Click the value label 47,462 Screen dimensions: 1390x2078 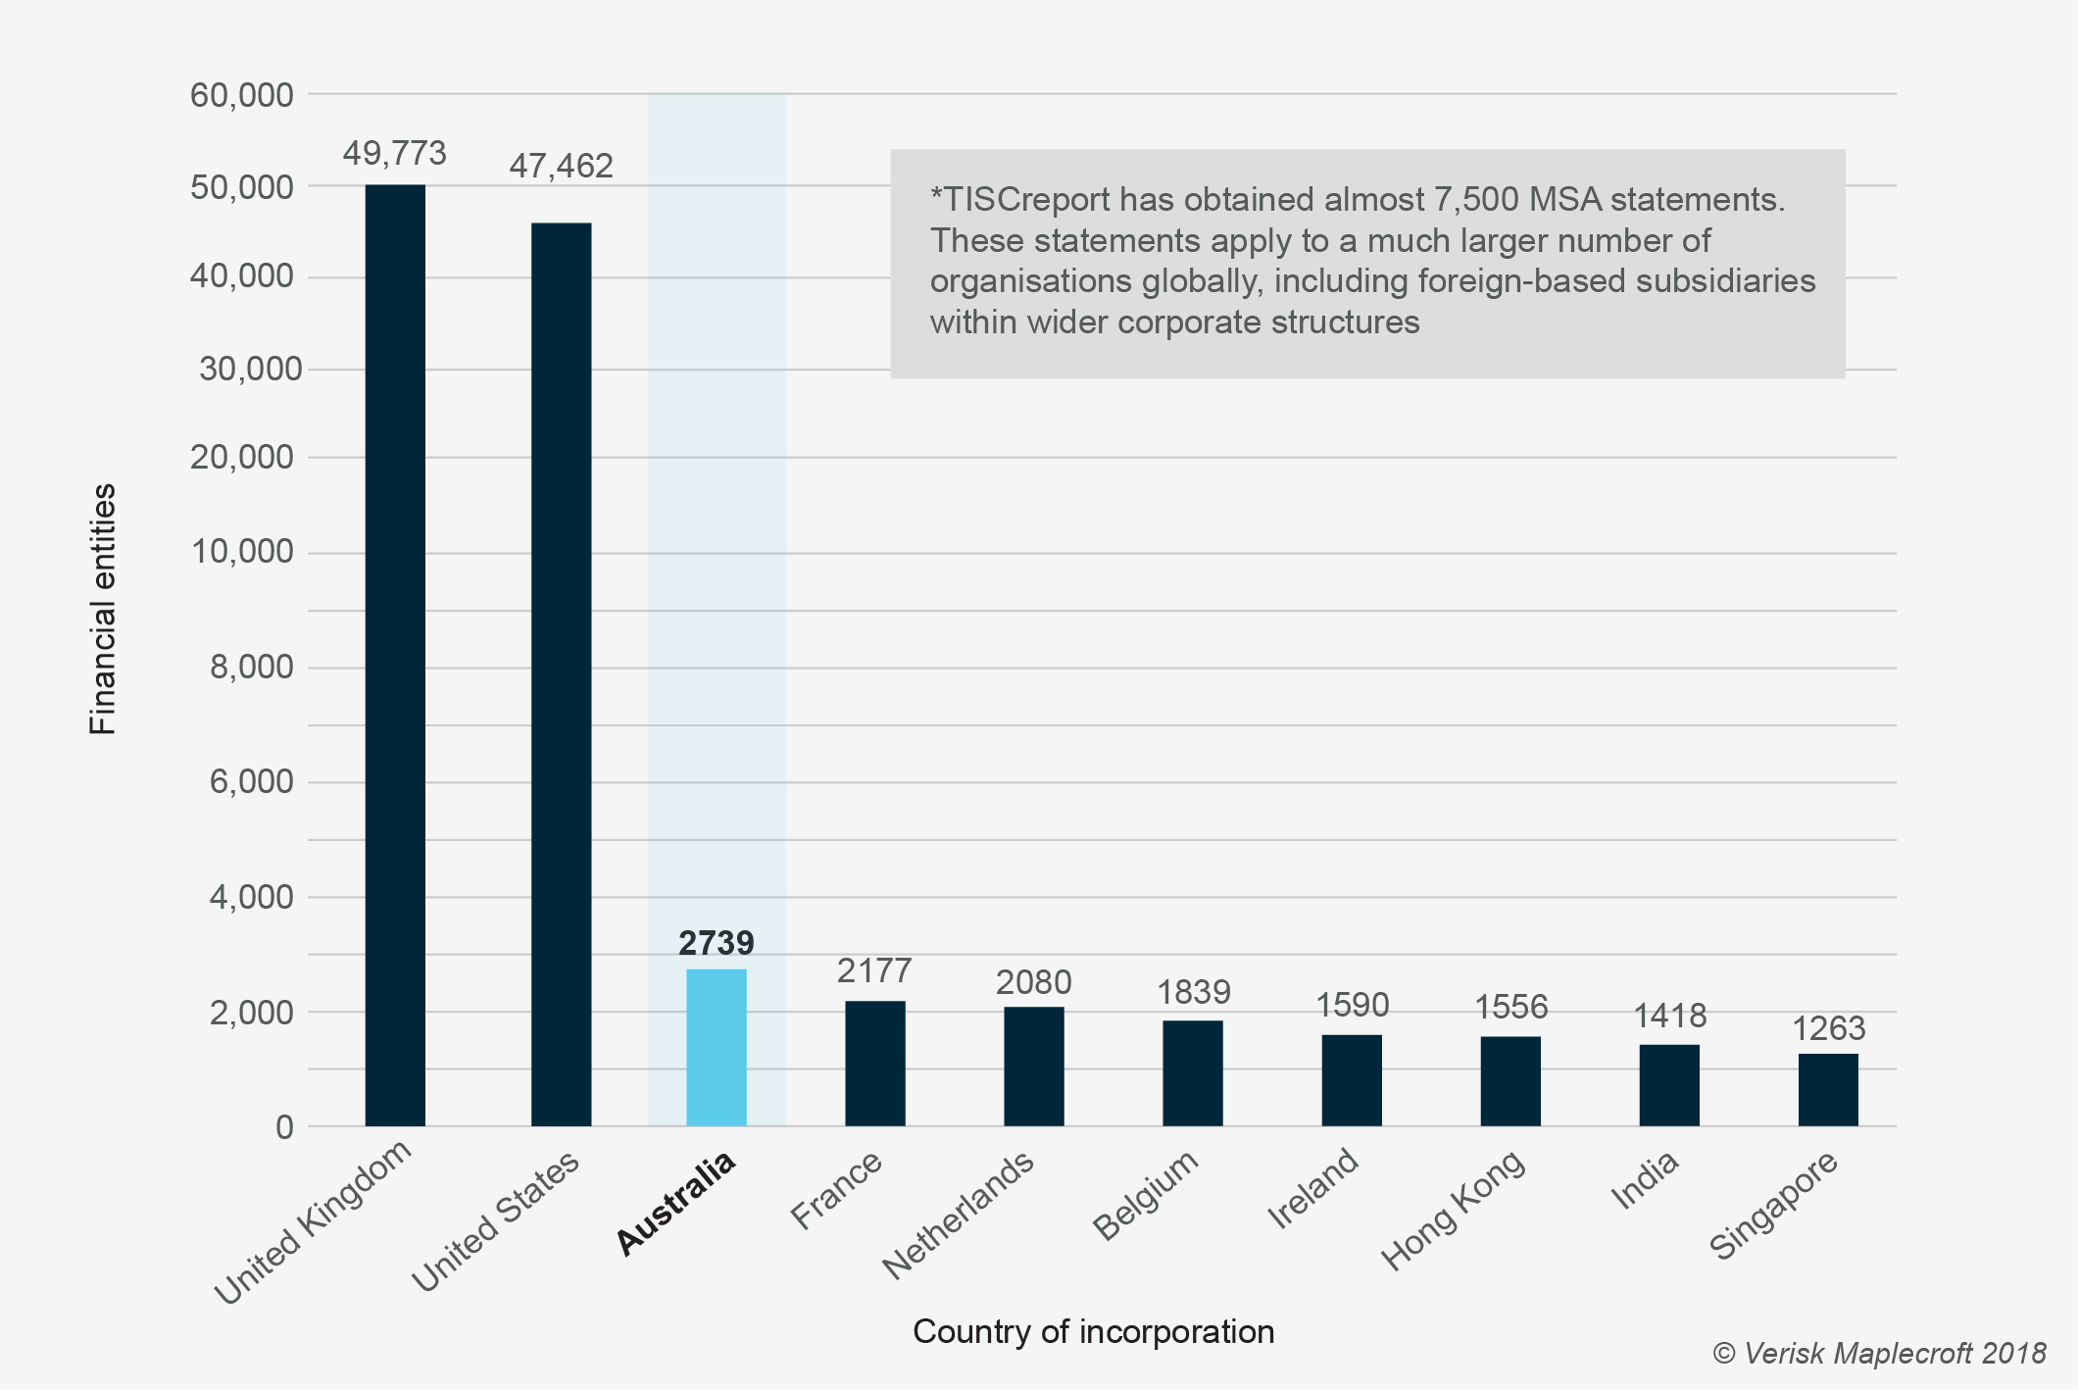click(561, 166)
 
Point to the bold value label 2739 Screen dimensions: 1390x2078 click(717, 943)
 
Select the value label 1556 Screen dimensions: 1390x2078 click(1510, 1007)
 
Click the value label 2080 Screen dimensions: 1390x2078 click(1033, 982)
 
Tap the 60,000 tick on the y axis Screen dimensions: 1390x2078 click(241, 95)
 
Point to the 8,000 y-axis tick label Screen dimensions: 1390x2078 click(251, 668)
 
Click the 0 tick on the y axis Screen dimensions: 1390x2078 click(284, 1127)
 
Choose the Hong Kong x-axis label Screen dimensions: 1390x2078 click(1453, 1210)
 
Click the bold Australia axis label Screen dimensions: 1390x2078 click(676, 1204)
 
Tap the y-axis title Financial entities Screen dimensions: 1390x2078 click(103, 609)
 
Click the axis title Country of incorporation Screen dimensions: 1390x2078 click(1093, 1331)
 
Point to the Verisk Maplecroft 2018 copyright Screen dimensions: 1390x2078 click(1878, 1354)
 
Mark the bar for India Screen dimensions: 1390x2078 click(1669, 1085)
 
